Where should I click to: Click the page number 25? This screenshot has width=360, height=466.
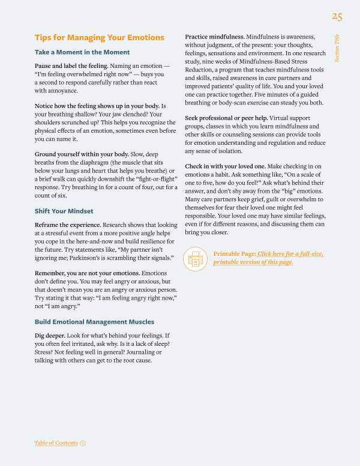coord(337,16)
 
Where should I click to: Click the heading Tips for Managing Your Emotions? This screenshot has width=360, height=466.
coord(99,38)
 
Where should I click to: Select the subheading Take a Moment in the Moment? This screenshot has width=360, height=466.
coord(82,52)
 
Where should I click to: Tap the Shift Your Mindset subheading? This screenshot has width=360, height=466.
coord(64,211)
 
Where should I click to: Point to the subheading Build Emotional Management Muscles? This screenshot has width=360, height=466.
coord(94,322)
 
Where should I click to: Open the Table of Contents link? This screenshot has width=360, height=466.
coord(56,443)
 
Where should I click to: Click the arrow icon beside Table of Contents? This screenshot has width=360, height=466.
coord(83,443)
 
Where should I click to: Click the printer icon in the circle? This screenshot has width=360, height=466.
coord(196,258)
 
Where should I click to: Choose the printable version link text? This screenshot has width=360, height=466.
coord(268,258)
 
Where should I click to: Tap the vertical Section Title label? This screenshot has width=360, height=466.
coord(337,47)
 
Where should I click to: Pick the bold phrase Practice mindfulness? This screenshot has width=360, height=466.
coord(214,37)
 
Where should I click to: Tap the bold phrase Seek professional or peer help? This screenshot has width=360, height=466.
coord(226,118)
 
